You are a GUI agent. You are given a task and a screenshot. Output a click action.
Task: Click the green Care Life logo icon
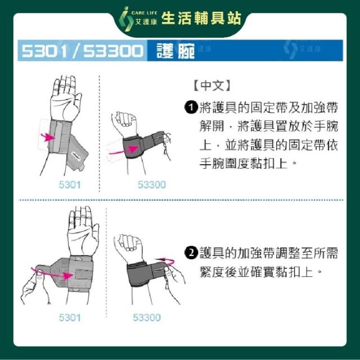[126, 19]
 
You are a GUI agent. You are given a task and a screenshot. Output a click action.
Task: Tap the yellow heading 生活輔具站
[201, 19]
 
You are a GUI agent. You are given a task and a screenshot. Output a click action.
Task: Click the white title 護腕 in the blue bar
[175, 51]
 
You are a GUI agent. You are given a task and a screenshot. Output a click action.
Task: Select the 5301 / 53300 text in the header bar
[82, 51]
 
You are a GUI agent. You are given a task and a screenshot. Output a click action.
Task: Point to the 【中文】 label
[212, 85]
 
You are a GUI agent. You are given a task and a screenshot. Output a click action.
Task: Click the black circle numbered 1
[191, 107]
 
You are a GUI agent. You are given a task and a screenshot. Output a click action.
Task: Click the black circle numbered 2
[191, 253]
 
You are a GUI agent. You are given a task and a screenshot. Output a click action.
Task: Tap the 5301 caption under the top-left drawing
[70, 185]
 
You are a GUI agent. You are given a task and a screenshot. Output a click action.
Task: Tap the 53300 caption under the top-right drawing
[152, 185]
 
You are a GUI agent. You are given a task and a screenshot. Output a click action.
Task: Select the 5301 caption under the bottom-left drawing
[70, 318]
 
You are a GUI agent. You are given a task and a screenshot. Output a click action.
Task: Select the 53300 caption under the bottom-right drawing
[147, 318]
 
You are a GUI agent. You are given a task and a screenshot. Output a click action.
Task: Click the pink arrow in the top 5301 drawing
[47, 137]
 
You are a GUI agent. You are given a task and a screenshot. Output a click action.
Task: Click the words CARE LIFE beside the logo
[145, 13]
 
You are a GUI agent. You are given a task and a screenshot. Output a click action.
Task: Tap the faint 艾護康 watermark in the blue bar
[310, 48]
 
